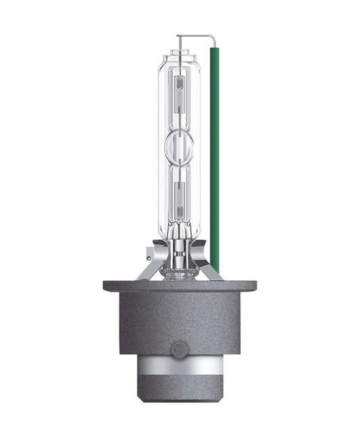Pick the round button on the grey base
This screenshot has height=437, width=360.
179,349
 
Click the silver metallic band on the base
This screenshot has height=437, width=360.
180,368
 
